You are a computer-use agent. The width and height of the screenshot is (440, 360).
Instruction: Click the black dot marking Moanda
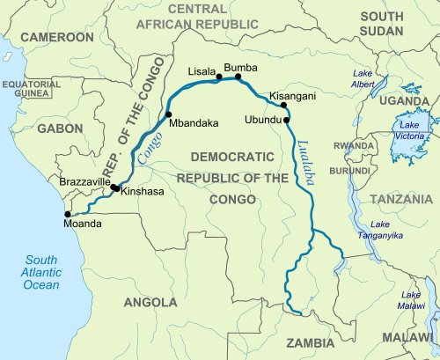pos(67,213)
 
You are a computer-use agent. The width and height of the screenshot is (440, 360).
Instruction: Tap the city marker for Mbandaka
pos(167,115)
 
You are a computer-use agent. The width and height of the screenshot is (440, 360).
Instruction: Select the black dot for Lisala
pos(219,78)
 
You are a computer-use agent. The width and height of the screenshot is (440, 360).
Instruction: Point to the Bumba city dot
pos(238,77)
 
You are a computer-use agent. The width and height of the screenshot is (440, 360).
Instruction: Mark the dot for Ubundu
pos(287,120)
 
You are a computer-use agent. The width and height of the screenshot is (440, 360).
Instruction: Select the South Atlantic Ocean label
pos(40,272)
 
